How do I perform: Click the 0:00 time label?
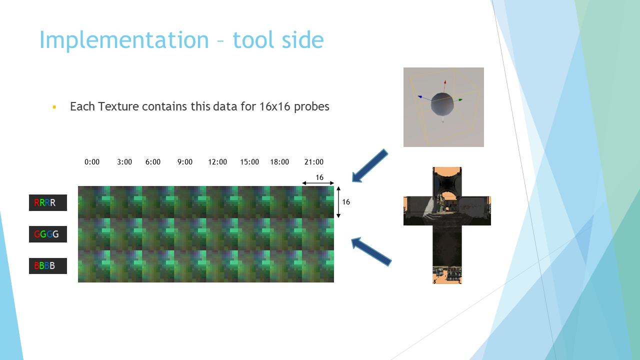coord(92,162)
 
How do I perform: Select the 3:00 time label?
coord(124,162)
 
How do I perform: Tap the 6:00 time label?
coord(153,162)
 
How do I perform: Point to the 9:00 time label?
coord(185,162)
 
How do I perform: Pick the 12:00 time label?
coord(217,162)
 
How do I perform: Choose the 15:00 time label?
coord(249,162)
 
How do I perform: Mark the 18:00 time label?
coord(279,162)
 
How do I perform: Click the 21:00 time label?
coord(314,162)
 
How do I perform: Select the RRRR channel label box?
coord(48,203)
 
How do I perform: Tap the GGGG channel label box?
coord(48,234)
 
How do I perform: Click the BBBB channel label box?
coord(48,266)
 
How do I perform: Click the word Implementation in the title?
coord(124,40)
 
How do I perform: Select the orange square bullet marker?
coord(54,107)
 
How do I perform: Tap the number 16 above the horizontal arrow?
coord(319,177)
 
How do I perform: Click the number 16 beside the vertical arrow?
coord(346,202)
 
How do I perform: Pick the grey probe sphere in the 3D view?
coord(442,104)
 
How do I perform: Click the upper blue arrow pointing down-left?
coord(370,166)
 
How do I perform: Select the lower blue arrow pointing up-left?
coord(371,251)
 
